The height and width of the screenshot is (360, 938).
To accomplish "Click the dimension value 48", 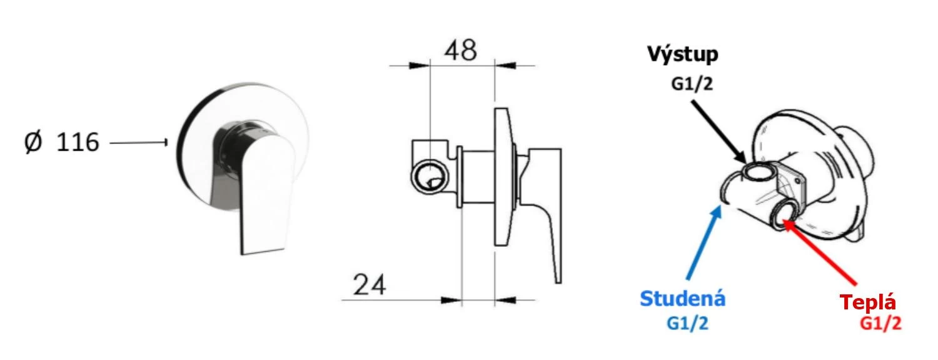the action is point(460,51).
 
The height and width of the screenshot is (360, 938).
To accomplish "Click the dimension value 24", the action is point(370,285).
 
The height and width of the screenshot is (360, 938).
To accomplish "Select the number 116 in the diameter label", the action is point(78,142).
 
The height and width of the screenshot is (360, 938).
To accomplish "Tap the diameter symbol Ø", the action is point(34,142).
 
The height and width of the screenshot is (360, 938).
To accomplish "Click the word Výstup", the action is point(683,54).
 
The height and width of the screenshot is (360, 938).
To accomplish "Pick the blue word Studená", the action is point(683,299).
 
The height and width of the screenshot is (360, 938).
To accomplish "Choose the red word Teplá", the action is point(868,302).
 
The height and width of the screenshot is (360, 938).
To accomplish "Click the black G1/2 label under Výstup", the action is point(692,84).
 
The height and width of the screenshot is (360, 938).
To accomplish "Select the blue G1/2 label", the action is point(688,323).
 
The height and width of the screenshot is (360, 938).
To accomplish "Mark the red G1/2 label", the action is point(880,323).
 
